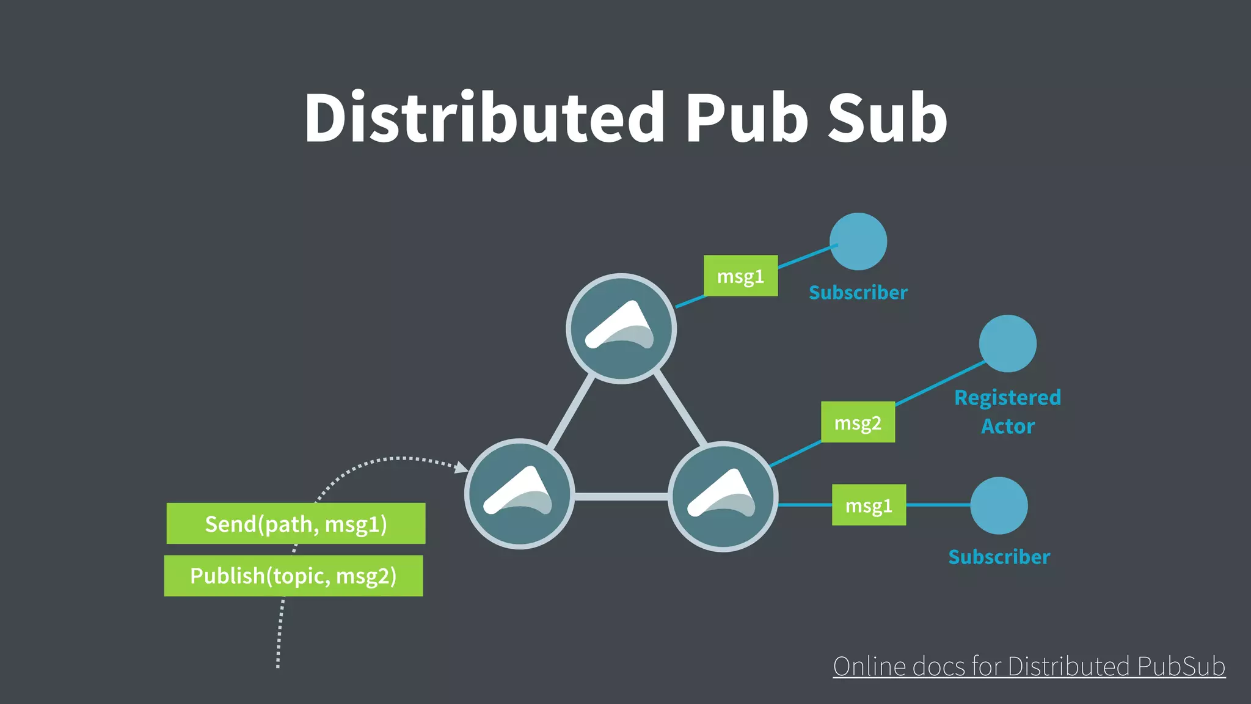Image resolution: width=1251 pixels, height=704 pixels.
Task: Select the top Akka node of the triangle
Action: (621, 329)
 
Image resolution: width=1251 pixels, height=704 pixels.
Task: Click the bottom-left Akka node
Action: (519, 494)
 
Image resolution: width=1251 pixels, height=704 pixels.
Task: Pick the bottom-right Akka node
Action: (723, 496)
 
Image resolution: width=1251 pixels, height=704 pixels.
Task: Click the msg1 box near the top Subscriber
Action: (740, 276)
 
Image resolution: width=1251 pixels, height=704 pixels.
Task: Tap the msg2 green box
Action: (858, 422)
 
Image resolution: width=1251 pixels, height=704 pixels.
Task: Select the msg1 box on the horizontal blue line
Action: (869, 505)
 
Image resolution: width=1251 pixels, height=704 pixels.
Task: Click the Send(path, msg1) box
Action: (296, 524)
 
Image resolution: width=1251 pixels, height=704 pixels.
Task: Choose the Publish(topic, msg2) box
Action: (293, 576)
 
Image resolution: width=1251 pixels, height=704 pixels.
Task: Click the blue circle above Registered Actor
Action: (1007, 343)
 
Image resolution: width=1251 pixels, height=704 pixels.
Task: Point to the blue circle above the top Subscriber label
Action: (858, 241)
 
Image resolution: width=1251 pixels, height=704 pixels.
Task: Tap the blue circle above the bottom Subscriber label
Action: (999, 505)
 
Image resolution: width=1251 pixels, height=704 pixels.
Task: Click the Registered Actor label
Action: (1007, 411)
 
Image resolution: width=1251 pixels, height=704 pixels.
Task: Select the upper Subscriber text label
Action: (858, 293)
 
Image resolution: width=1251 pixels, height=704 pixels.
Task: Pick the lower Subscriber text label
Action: (999, 557)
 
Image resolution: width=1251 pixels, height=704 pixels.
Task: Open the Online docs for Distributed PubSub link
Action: (1029, 666)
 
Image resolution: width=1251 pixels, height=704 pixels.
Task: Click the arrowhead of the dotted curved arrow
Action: (462, 468)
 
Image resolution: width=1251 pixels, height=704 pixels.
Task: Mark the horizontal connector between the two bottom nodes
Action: (621, 497)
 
